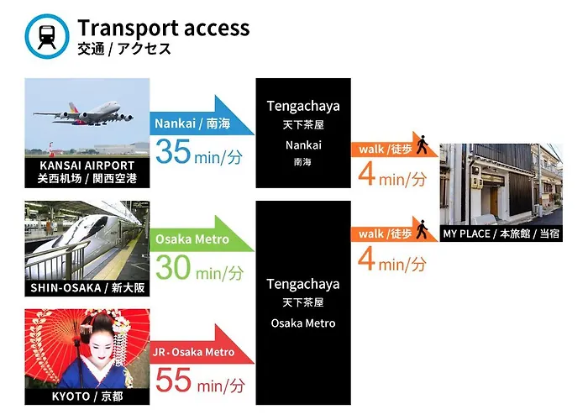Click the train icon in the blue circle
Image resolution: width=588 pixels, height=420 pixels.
coord(47,37)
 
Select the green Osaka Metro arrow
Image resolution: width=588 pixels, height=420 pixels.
coord(202,235)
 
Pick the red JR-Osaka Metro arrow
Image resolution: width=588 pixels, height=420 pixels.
coord(202,346)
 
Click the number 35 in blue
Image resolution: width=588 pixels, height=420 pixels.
coord(173,151)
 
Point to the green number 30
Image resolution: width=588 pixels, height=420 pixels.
coord(173,267)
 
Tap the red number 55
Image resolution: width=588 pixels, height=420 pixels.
coord(173,380)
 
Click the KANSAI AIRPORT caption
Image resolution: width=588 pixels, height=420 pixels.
coord(87,165)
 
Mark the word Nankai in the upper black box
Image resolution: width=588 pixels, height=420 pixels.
coord(303,145)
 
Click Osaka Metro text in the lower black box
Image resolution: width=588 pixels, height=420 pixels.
coord(303,323)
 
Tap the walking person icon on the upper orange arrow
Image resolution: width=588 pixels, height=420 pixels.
coord(423,144)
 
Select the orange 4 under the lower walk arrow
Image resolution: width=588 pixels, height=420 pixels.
coord(366,259)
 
